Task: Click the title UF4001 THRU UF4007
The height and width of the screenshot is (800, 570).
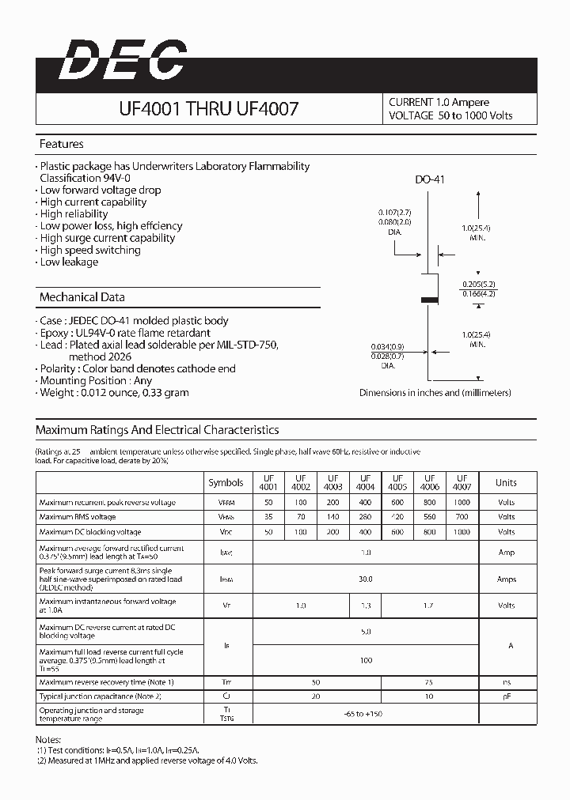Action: coord(208,109)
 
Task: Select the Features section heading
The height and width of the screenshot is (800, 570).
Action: coord(61,145)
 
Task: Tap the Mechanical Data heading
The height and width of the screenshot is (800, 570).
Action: coord(82,297)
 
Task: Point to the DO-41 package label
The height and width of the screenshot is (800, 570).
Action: coord(430,179)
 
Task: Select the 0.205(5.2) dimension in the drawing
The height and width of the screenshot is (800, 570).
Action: coord(478,284)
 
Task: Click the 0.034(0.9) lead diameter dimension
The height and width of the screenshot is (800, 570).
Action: coord(387,347)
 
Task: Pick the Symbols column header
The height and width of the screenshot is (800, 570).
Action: coord(226,482)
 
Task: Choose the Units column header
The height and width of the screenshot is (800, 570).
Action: coord(506,482)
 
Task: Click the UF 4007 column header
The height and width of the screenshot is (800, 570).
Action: coord(462,482)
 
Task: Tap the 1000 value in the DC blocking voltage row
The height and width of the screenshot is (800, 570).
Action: coord(462,532)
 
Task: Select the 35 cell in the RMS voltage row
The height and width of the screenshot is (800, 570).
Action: coord(268,517)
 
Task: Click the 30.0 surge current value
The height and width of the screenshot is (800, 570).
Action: coord(365,579)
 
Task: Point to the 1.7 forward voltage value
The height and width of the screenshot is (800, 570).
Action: coord(429,606)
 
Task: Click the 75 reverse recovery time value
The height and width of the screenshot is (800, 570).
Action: coord(429,681)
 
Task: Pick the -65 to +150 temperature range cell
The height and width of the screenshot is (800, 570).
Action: coord(365,714)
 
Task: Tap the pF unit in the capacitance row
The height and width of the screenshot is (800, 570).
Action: coord(506,696)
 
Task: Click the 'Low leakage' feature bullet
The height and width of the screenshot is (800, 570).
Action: coord(69,262)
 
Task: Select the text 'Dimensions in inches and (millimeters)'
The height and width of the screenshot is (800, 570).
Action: coord(435,392)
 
